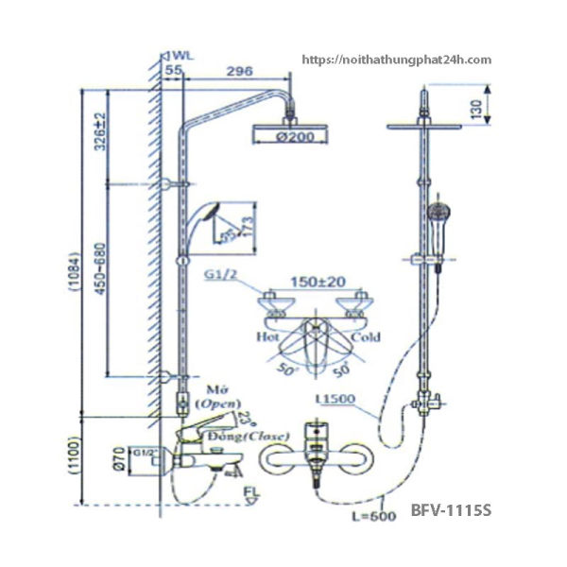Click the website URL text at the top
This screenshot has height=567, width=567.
pyautogui.click(x=397, y=60)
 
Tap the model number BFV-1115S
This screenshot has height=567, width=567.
pyautogui.click(x=453, y=510)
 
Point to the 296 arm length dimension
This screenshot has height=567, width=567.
pyautogui.click(x=241, y=70)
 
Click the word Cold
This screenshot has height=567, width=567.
pyautogui.click(x=365, y=336)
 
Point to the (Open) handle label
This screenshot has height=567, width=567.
pyautogui.click(x=216, y=403)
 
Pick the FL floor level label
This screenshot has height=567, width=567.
pyautogui.click(x=250, y=491)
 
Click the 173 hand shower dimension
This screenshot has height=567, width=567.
pyautogui.click(x=248, y=228)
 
